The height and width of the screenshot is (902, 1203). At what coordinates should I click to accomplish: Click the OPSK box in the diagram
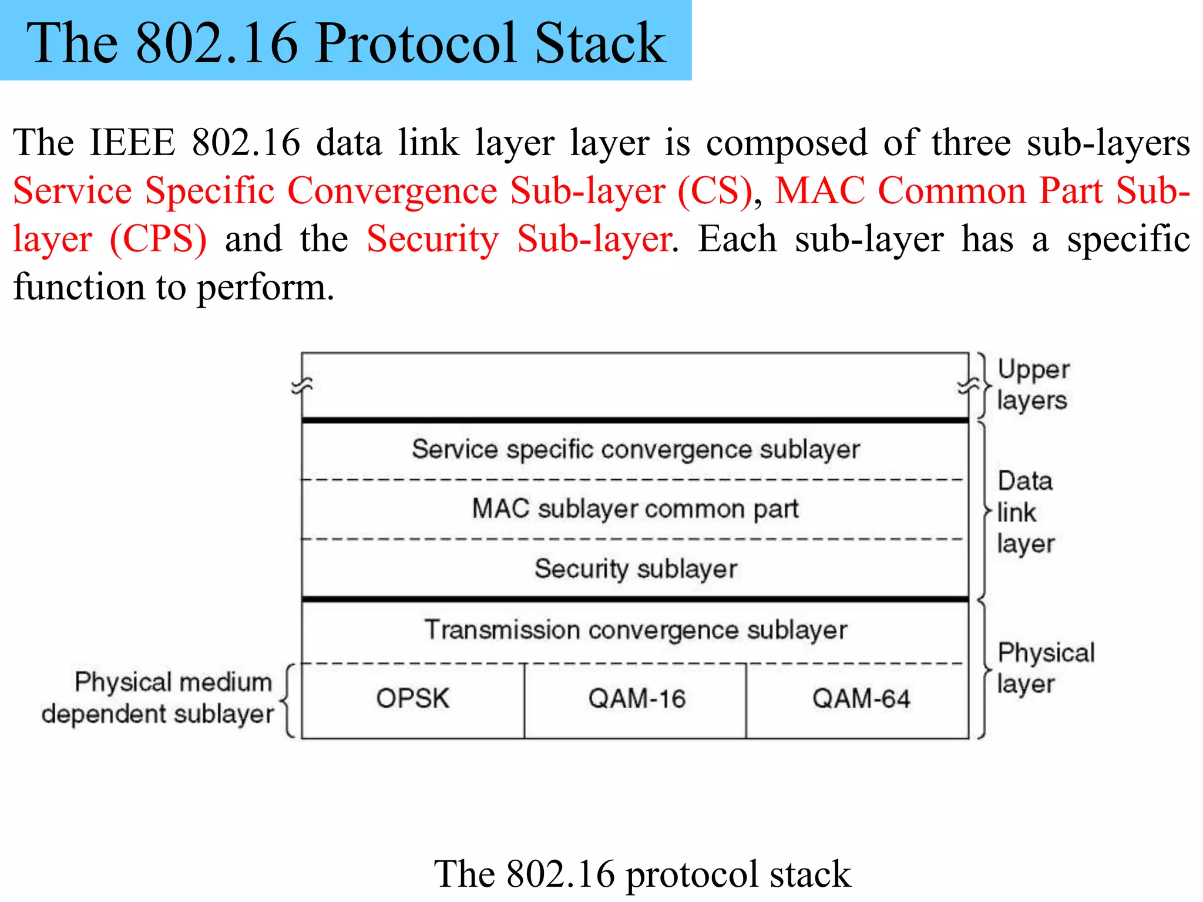(x=412, y=699)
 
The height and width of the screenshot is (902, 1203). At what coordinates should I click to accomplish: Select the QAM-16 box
(x=636, y=699)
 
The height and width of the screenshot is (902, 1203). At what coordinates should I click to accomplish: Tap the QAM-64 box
(x=861, y=699)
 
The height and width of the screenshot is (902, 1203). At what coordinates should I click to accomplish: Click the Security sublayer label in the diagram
(x=636, y=568)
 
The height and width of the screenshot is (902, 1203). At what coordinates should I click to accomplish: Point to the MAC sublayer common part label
(x=636, y=509)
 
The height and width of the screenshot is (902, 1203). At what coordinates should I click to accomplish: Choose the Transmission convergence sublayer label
(x=636, y=630)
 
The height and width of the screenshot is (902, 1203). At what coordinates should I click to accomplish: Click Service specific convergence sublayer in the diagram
(x=636, y=449)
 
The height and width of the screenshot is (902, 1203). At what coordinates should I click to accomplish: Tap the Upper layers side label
(x=1033, y=385)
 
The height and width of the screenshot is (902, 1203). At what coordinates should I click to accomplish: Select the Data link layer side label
(x=1025, y=512)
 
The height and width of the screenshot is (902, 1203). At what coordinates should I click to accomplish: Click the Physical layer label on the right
(x=1044, y=668)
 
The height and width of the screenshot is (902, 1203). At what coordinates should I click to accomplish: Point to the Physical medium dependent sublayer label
(x=157, y=698)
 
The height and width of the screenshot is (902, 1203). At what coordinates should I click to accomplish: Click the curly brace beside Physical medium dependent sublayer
(x=287, y=700)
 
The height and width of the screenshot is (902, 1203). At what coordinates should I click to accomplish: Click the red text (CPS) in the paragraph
(x=158, y=239)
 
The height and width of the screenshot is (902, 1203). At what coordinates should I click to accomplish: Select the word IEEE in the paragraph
(x=132, y=143)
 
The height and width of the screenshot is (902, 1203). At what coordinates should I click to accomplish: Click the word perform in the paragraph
(x=265, y=288)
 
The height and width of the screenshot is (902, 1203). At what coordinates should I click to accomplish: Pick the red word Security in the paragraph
(x=432, y=239)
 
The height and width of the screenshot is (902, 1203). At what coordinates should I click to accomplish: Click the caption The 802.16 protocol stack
(x=642, y=874)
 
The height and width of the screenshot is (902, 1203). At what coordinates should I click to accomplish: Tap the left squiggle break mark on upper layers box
(x=302, y=385)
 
